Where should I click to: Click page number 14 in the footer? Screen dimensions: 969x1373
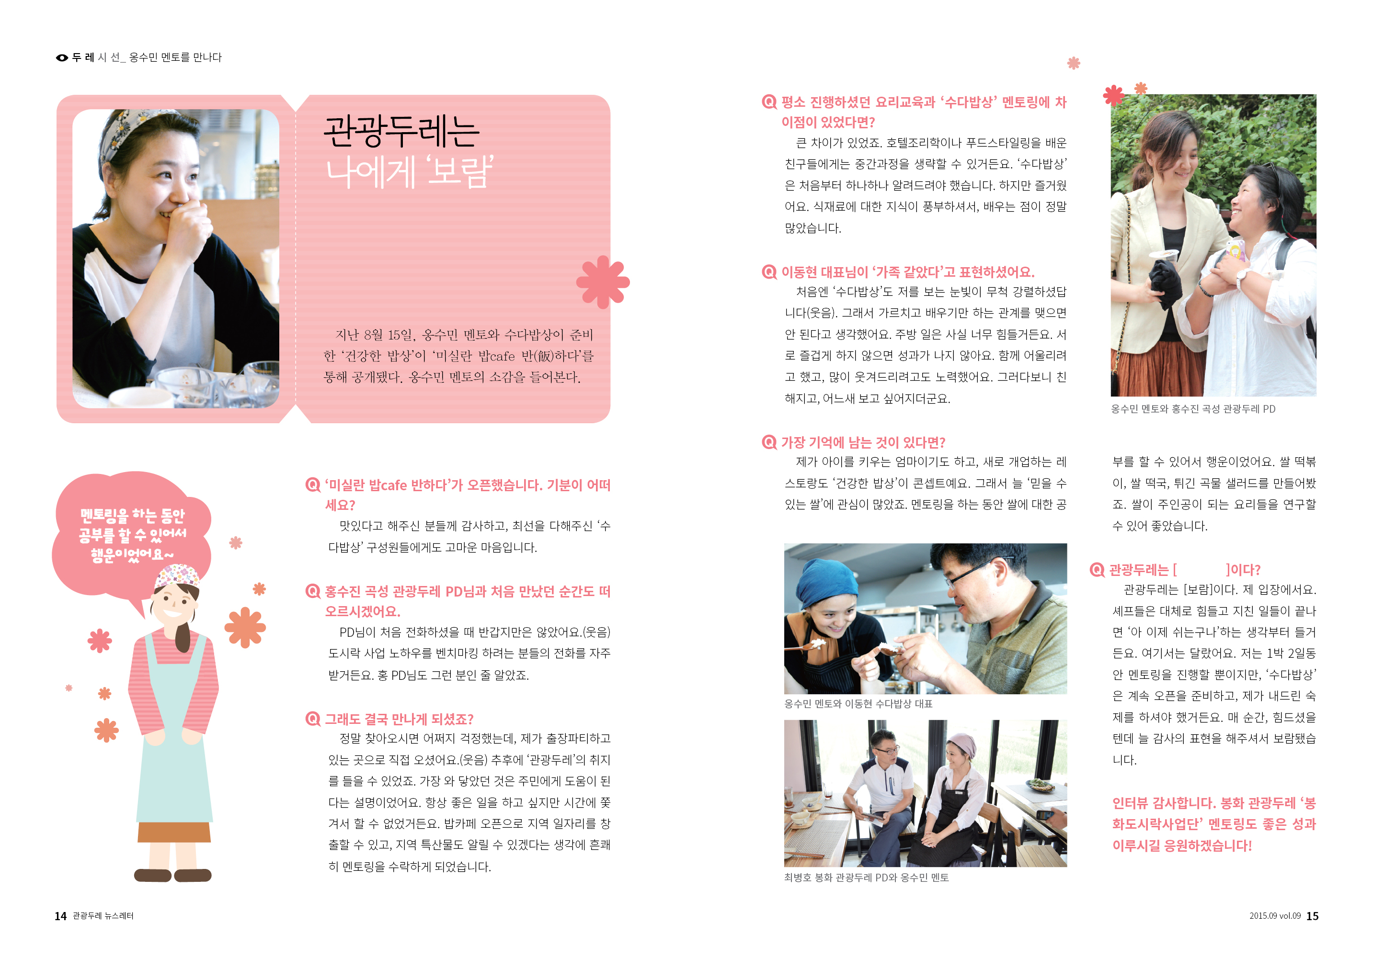(x=60, y=916)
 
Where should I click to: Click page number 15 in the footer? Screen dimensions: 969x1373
(x=1312, y=916)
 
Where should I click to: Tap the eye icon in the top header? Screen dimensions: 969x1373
(x=62, y=58)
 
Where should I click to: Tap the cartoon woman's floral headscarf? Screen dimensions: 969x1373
(x=177, y=575)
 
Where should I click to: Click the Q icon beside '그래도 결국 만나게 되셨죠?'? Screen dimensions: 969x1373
(x=313, y=719)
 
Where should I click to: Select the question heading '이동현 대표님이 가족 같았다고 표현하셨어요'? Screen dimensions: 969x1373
(x=907, y=272)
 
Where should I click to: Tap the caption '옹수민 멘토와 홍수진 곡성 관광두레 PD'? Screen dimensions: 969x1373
(x=1192, y=409)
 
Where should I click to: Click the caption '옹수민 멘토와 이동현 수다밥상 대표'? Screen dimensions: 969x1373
(x=858, y=704)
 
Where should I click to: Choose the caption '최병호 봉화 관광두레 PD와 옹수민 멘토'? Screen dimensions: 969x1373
(x=866, y=878)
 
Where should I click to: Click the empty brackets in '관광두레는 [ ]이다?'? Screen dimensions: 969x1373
(x=1201, y=570)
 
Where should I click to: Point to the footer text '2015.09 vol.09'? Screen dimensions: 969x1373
(x=1274, y=916)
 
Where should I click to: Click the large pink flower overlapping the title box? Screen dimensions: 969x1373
(x=603, y=282)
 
